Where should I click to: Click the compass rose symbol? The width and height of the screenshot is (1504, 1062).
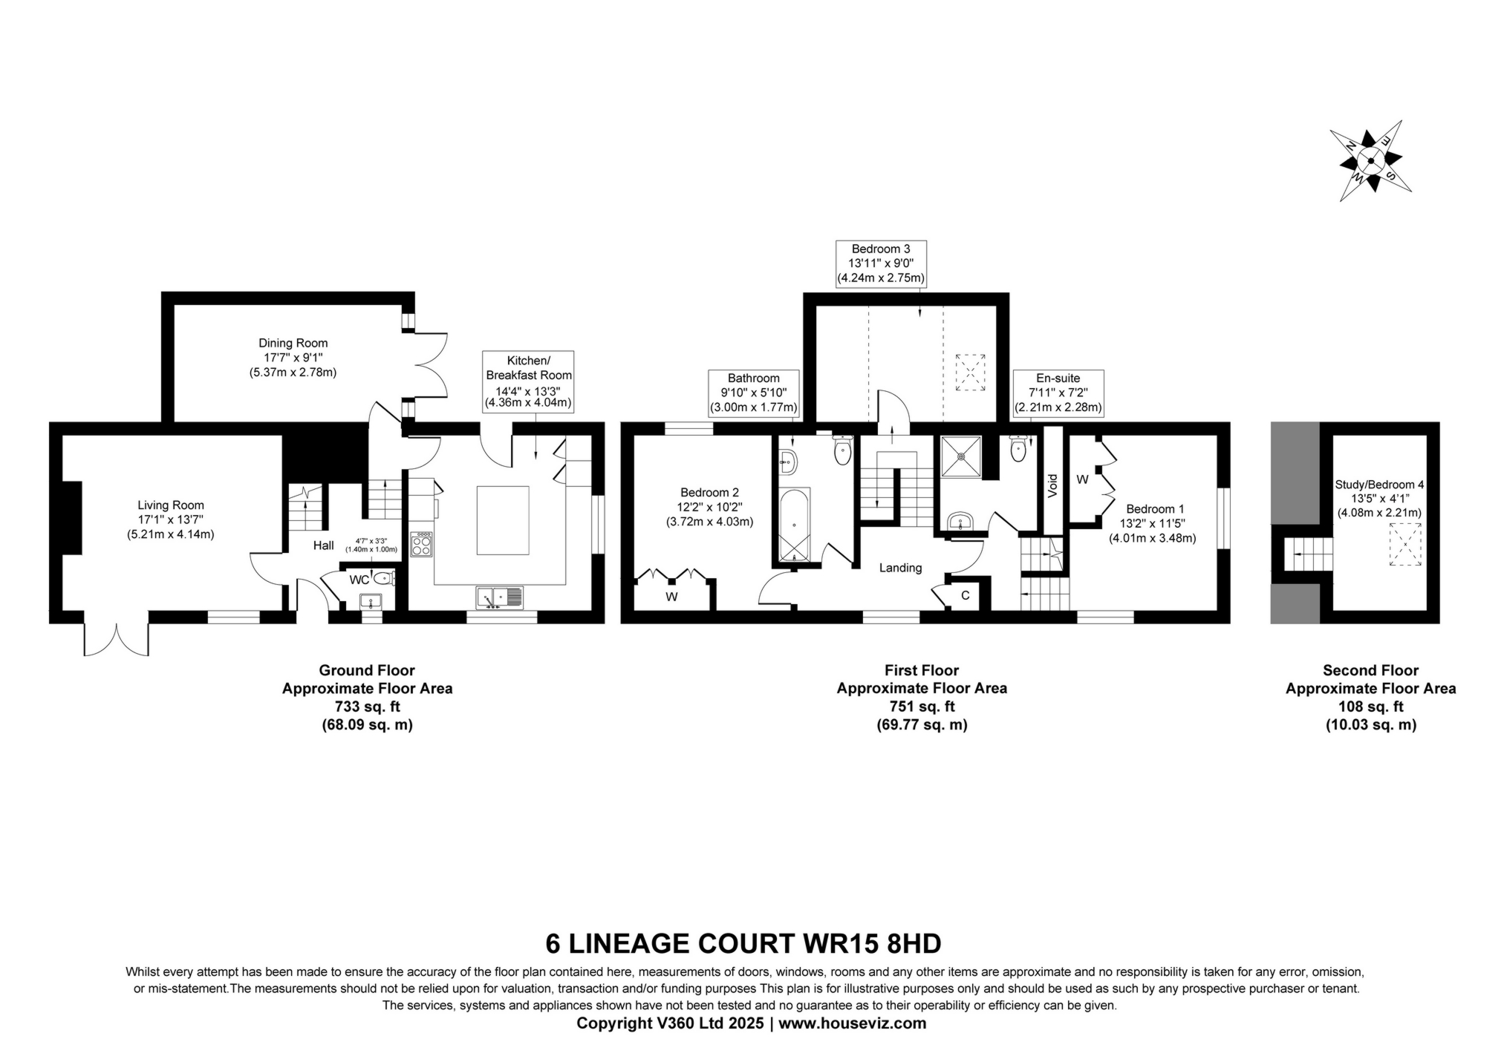1370,160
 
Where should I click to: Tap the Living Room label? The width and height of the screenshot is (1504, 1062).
170,505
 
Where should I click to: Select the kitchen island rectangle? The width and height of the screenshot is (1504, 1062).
503,520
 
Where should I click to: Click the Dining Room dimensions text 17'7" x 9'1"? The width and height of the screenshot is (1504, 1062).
293,358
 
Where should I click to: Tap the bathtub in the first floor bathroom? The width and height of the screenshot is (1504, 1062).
795,523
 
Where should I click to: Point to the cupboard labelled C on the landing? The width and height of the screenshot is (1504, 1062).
965,595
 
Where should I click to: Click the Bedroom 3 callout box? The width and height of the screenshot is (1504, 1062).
881,263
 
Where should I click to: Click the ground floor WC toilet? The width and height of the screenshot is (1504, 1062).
382,578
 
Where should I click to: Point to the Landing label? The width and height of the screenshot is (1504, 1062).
900,568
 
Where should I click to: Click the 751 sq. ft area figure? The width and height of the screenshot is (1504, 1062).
922,707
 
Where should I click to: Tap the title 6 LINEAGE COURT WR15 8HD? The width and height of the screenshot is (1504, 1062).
743,944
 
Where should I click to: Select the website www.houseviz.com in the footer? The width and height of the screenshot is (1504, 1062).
852,1023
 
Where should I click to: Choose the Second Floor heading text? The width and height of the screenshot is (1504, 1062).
1370,670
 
